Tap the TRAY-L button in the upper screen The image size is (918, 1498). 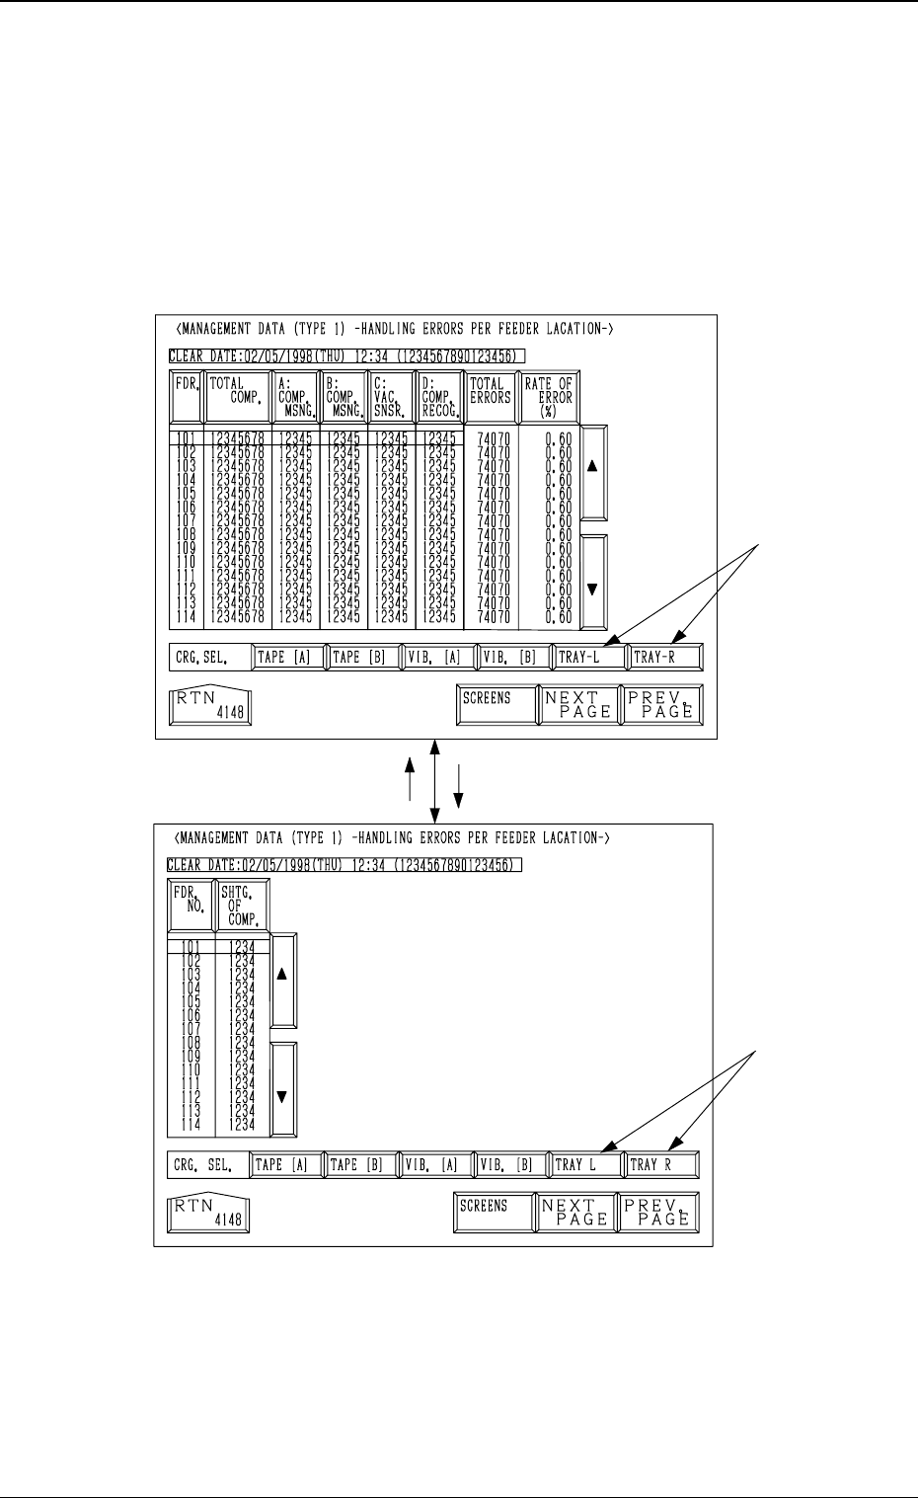(586, 657)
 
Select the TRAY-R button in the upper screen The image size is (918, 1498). (663, 657)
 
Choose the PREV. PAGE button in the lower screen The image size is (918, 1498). (657, 1212)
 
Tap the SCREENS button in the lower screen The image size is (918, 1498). (493, 1212)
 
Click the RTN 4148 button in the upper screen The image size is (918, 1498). (210, 705)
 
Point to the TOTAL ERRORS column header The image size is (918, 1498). (491, 397)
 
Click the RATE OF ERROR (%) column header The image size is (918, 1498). (550, 397)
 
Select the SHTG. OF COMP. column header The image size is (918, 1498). (243, 905)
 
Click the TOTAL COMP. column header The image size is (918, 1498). (237, 397)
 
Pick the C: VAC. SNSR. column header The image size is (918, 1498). (391, 397)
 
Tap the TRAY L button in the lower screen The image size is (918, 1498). (586, 1165)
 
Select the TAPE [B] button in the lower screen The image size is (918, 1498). (361, 1165)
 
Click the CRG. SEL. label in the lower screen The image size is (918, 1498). (206, 1165)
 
